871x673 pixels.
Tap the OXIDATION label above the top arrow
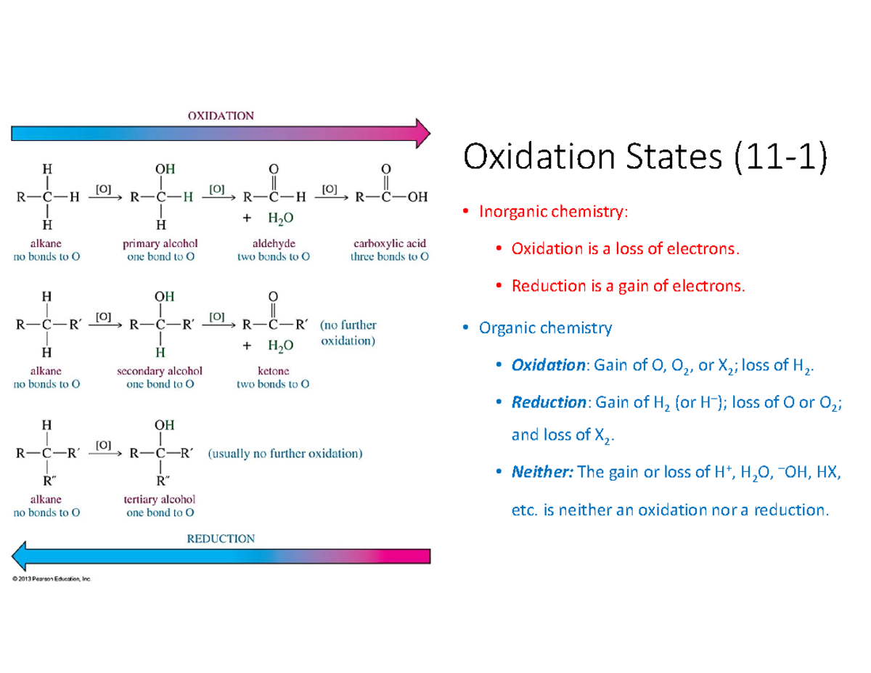(x=221, y=115)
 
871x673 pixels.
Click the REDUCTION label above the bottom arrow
(x=221, y=539)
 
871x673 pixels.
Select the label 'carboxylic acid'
(x=389, y=243)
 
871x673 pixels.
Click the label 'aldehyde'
(x=273, y=243)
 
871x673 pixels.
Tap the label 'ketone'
(x=273, y=371)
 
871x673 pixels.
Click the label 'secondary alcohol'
(x=160, y=371)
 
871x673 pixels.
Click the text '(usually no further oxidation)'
(x=285, y=454)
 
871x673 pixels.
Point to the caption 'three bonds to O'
(x=389, y=257)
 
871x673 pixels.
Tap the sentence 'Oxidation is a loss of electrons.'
(x=626, y=249)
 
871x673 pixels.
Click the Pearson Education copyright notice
(x=51, y=579)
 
